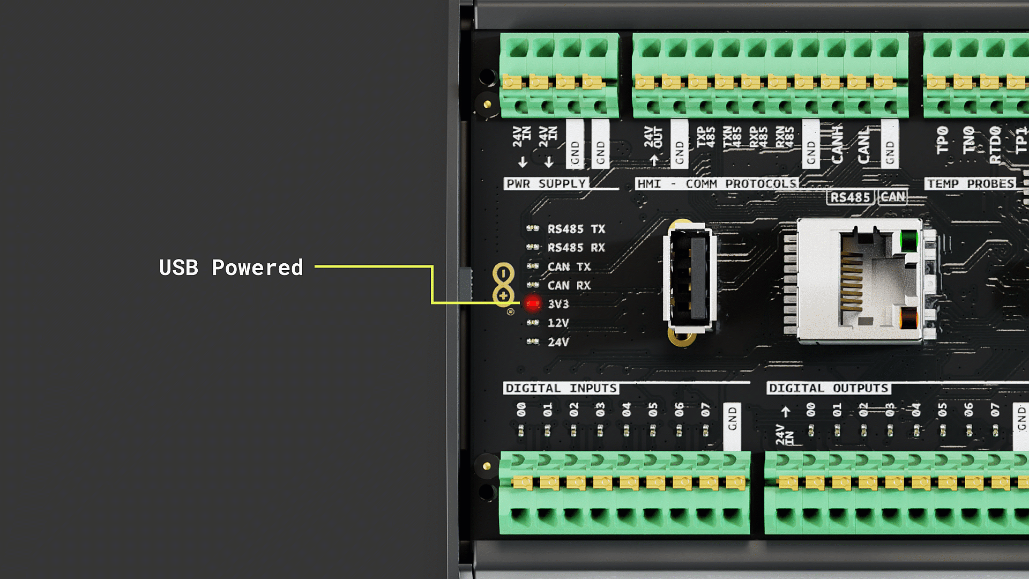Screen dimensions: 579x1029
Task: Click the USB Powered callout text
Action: tap(231, 268)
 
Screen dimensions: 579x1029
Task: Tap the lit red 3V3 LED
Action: tap(533, 304)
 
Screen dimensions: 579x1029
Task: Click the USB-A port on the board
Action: tap(690, 281)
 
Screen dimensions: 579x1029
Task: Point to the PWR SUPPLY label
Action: tap(546, 184)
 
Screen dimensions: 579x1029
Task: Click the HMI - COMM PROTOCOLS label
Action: tap(717, 184)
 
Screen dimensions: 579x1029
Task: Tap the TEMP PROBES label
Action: tap(970, 184)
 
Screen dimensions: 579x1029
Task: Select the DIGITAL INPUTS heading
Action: tap(561, 388)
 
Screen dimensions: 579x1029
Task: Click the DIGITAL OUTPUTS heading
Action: tap(829, 388)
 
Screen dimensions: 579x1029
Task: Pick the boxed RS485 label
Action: tap(850, 197)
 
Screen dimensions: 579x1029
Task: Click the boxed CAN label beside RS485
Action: tap(893, 197)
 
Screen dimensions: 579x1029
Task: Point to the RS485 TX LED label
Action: tap(576, 229)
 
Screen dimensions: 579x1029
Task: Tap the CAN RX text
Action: tap(569, 285)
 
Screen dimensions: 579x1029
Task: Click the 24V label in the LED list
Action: tap(558, 342)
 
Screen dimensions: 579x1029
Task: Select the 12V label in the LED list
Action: tap(558, 323)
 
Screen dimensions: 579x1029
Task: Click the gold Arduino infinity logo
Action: tap(503, 285)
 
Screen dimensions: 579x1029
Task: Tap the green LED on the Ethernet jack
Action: tap(908, 240)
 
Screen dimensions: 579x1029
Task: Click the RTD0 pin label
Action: tap(995, 145)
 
